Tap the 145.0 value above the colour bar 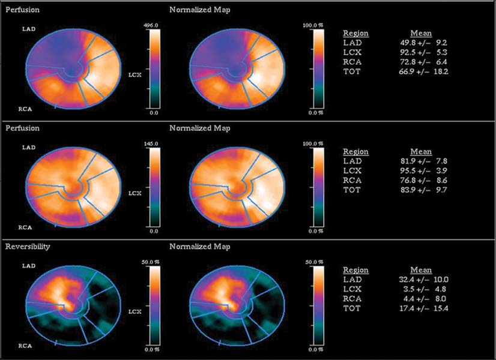154,144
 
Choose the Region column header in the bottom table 355,270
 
